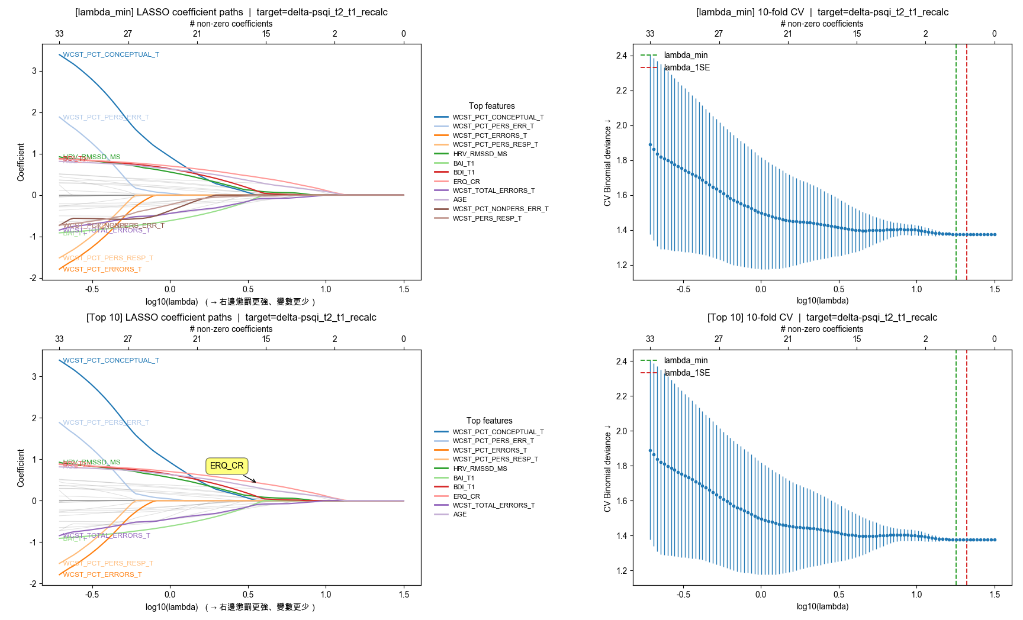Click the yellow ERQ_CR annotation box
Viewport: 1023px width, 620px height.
coord(227,466)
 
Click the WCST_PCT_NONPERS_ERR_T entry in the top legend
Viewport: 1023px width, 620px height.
coord(500,209)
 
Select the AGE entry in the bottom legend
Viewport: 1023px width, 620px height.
coord(460,514)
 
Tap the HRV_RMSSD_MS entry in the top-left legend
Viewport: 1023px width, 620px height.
coord(480,154)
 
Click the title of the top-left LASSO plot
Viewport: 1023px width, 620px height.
coord(231,12)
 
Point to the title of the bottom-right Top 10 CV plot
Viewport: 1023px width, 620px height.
coord(822,317)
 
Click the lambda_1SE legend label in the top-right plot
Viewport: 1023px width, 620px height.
coord(687,67)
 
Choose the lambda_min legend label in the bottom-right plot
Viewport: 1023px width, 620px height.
coord(686,360)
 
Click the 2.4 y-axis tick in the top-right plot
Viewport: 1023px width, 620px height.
coord(621,56)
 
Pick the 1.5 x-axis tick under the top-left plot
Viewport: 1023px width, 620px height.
coord(404,289)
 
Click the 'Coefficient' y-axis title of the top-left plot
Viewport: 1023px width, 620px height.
coord(21,162)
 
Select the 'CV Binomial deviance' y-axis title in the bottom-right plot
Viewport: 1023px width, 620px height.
coord(607,468)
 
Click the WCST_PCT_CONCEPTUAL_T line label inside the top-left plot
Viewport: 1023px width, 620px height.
coord(111,54)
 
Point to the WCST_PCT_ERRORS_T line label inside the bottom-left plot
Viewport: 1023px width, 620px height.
coord(102,574)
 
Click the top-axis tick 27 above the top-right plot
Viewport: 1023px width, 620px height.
coord(718,34)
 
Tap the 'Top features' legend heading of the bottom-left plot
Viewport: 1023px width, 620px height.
coord(489,421)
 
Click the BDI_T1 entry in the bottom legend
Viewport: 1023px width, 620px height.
coord(464,487)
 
